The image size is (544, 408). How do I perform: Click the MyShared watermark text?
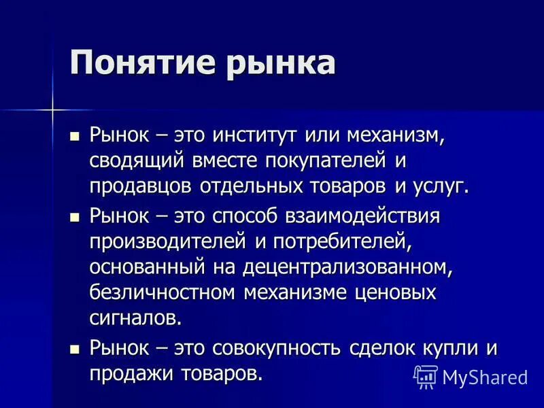tap(485, 376)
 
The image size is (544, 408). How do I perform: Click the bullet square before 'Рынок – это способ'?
tap(75, 218)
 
